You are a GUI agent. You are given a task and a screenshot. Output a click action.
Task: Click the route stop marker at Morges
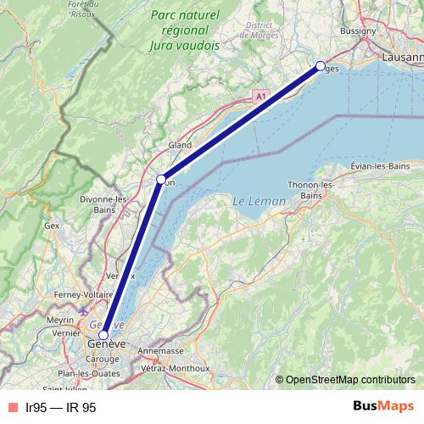tap(321, 66)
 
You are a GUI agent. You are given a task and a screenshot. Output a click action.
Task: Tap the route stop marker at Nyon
tap(161, 179)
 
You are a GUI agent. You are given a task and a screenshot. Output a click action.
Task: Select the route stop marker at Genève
tap(103, 335)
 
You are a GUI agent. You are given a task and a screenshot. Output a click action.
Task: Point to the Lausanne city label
tap(402, 58)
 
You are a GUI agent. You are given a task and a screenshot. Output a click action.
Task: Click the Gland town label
tap(181, 145)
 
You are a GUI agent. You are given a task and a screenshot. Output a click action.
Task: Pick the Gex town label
tap(53, 226)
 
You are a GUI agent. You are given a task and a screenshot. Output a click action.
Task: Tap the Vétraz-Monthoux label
tap(175, 369)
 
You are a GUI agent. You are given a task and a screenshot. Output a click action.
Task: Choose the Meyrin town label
tap(60, 320)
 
